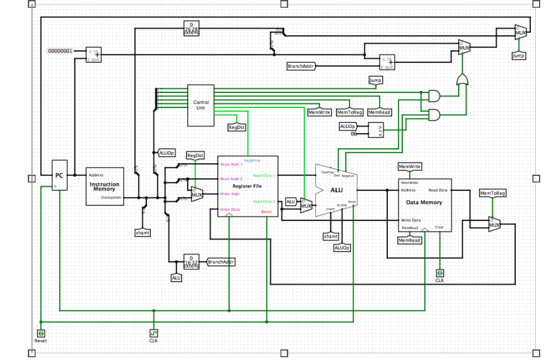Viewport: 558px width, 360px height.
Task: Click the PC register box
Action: tap(60, 175)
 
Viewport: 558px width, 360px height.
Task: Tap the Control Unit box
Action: tap(201, 105)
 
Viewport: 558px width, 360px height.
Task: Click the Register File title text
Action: tap(247, 186)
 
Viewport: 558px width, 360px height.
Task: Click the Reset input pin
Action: tap(41, 333)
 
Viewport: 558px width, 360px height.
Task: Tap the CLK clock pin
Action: tap(154, 333)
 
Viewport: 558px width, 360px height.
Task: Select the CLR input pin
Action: tap(440, 273)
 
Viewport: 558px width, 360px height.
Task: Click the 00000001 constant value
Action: tap(60, 51)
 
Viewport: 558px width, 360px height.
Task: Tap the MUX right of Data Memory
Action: tap(494, 225)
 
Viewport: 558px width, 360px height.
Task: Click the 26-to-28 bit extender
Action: tap(191, 28)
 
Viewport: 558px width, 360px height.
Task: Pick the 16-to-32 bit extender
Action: tap(191, 262)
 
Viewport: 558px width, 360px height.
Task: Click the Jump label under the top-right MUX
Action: tap(518, 56)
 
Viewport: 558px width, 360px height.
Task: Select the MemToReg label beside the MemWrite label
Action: tap(349, 112)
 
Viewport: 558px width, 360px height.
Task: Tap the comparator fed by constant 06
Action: tap(376, 130)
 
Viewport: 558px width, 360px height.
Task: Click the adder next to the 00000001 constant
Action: tap(93, 55)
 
